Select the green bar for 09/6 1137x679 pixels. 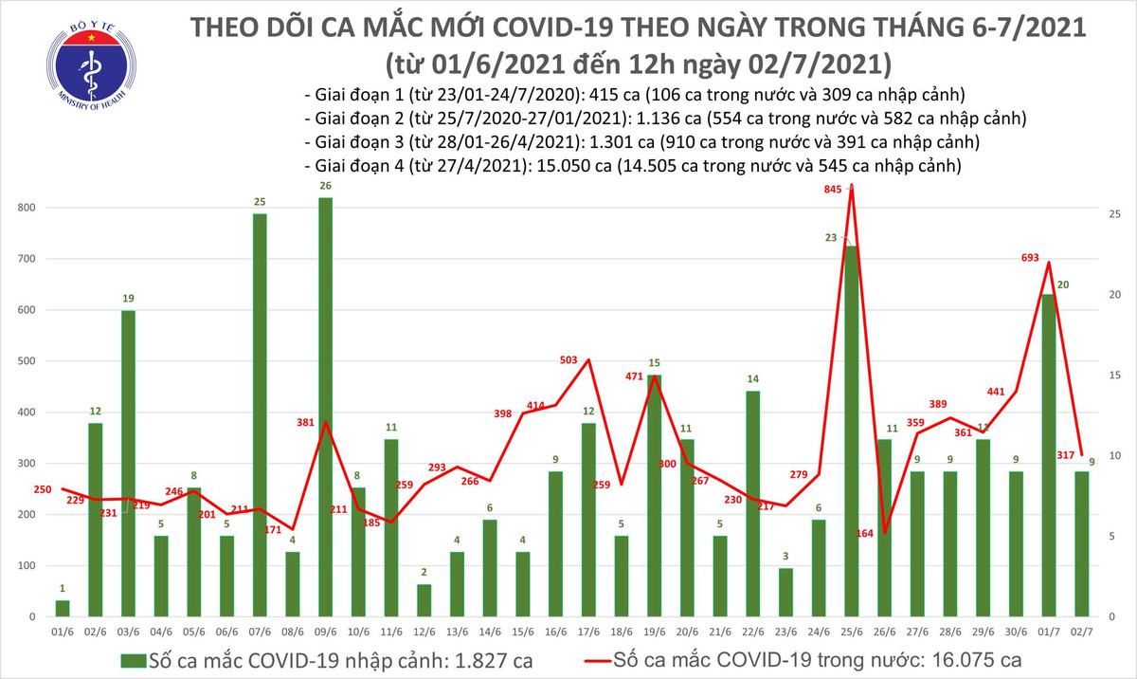[x=325, y=408]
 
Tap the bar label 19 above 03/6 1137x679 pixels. [x=127, y=299]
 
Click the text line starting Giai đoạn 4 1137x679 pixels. [x=633, y=166]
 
